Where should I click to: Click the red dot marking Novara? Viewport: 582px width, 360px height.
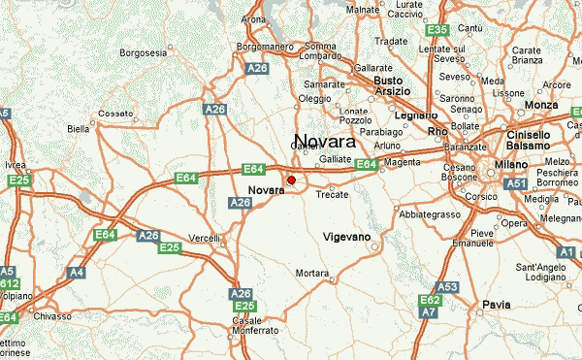(x=292, y=180)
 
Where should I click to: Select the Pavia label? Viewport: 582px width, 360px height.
(x=497, y=305)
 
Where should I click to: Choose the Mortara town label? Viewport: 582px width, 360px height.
(x=312, y=274)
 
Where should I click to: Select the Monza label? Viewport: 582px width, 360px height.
(x=540, y=104)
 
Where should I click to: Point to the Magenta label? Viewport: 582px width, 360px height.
(x=401, y=162)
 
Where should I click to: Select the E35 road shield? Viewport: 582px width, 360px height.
(x=436, y=30)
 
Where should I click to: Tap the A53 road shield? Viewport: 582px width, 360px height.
(x=447, y=287)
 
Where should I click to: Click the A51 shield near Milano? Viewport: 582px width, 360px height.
(x=516, y=183)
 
